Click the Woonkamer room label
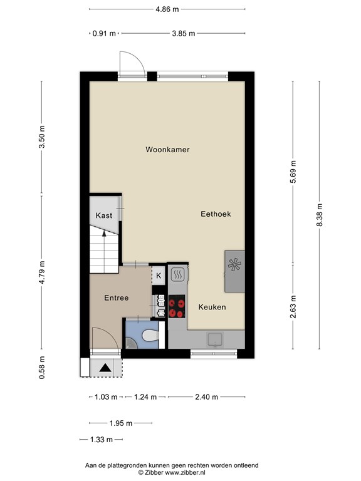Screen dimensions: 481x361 coord(167,150)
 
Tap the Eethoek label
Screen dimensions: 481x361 coord(216,214)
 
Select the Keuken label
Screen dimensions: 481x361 coord(212,308)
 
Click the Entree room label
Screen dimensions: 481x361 coord(116,298)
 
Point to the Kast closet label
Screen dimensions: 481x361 coord(104,215)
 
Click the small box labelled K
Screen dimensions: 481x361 coord(159,276)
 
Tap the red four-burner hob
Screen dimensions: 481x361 coord(177,307)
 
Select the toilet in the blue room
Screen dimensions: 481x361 coord(148,337)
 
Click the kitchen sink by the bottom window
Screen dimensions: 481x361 coord(215,339)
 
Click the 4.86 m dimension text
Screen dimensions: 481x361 coord(167,9)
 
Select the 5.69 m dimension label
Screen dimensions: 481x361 coord(293,172)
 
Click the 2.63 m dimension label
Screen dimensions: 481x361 coord(293,307)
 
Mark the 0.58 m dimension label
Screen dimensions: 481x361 coord(42,367)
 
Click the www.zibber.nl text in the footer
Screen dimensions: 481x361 coord(189,473)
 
